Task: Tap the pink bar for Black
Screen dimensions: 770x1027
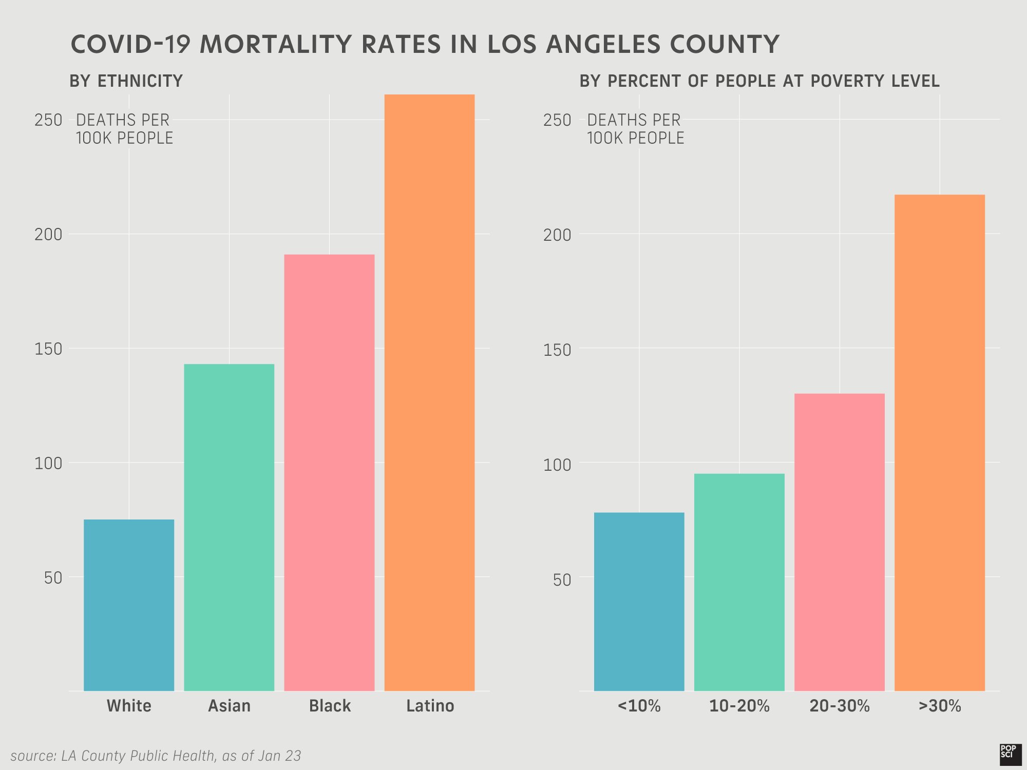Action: (x=329, y=472)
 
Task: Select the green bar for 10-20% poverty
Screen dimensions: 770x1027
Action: (x=739, y=582)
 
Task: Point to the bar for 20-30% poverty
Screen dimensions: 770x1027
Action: (x=839, y=542)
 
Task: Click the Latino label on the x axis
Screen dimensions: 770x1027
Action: (x=430, y=706)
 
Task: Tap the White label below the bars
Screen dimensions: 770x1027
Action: (x=129, y=706)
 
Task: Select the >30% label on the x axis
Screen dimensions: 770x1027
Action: (x=940, y=706)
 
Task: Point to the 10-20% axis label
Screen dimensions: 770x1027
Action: (x=739, y=706)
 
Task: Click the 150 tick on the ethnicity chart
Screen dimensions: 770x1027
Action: (x=48, y=349)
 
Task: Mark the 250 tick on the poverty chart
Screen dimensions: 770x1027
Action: (x=557, y=120)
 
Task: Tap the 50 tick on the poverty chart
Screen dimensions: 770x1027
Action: (x=562, y=580)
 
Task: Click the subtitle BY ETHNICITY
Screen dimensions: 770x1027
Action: (x=126, y=81)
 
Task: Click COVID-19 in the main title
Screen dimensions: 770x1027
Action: (x=131, y=44)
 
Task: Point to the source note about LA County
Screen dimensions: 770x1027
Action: (x=156, y=756)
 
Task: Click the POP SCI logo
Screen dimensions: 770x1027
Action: (x=1010, y=754)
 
